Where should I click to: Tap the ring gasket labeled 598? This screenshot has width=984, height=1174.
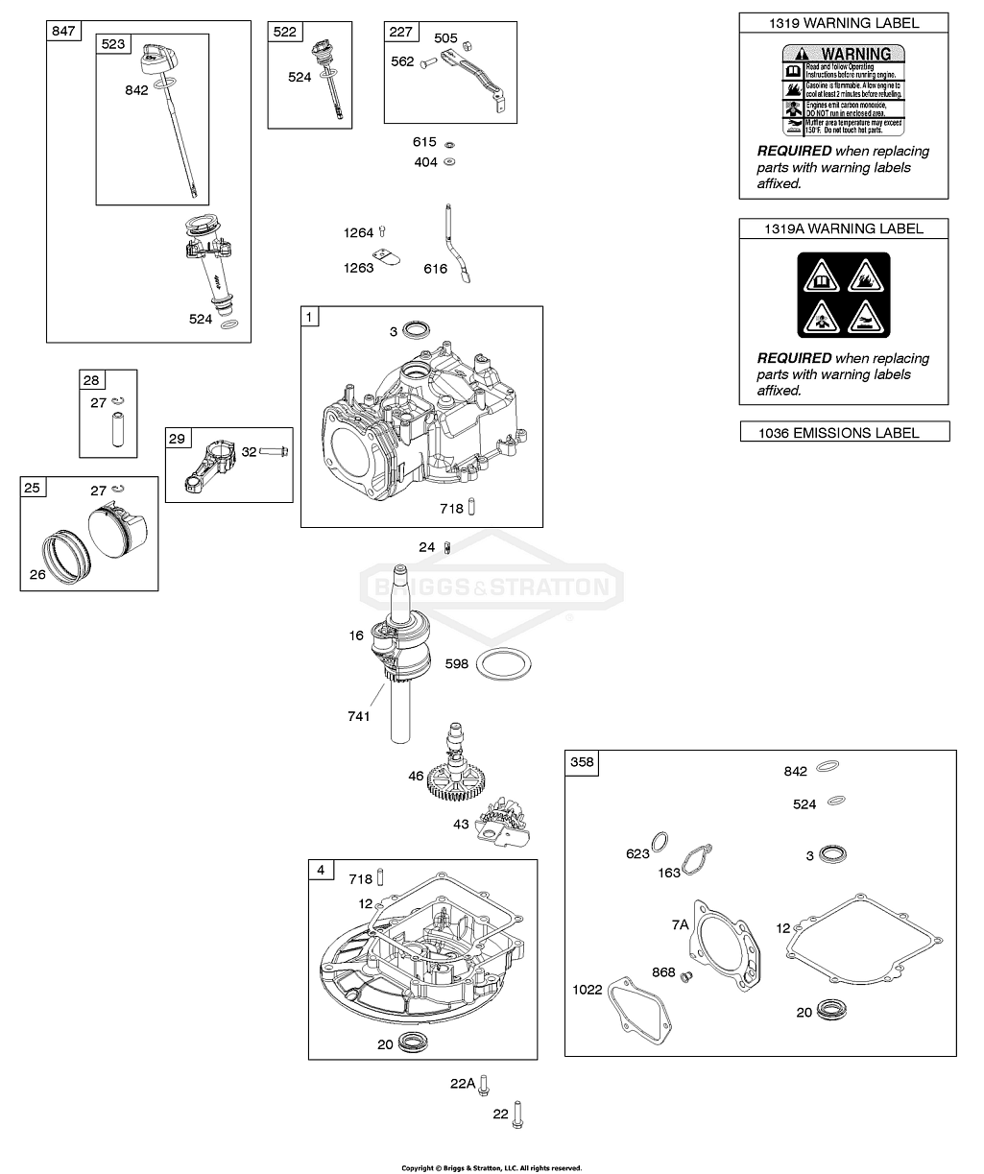504,662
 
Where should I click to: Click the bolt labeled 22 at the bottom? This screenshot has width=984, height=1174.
519,1114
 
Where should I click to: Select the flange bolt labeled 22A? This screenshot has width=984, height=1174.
486,1084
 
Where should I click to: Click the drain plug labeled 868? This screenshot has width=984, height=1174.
685,977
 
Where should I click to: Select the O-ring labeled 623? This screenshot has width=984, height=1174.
660,842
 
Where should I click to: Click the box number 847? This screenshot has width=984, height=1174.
63,31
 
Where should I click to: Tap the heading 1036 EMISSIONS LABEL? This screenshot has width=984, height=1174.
843,433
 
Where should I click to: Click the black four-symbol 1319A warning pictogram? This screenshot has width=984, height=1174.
843,296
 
